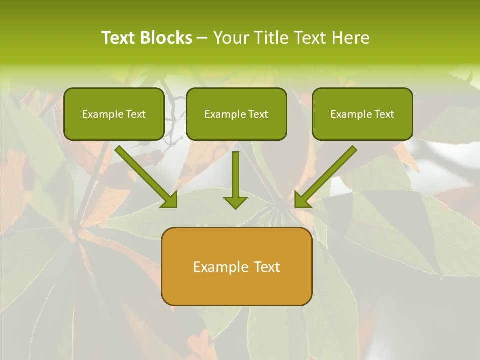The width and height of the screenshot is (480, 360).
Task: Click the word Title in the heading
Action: pyautogui.click(x=272, y=38)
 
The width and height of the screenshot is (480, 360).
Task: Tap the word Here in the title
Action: pyautogui.click(x=350, y=38)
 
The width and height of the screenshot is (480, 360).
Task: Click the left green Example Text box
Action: pyautogui.click(x=114, y=114)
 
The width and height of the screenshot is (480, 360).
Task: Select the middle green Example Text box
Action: pyautogui.click(x=236, y=114)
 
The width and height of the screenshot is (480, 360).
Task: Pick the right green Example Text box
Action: pyautogui.click(x=362, y=114)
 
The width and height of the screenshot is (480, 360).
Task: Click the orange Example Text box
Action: pyautogui.click(x=236, y=266)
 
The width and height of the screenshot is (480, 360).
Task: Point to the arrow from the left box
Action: pyautogui.click(x=145, y=175)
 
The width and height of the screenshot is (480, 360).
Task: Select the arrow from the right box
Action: pyautogui.click(x=327, y=175)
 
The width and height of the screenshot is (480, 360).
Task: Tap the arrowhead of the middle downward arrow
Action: pyautogui.click(x=235, y=202)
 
